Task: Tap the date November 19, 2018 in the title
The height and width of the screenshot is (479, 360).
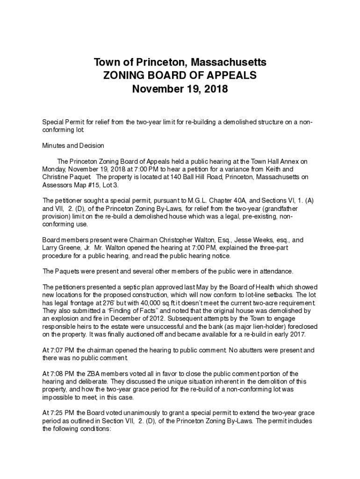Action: pos(180,88)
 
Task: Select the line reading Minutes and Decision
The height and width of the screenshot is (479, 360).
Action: pos(73,145)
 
